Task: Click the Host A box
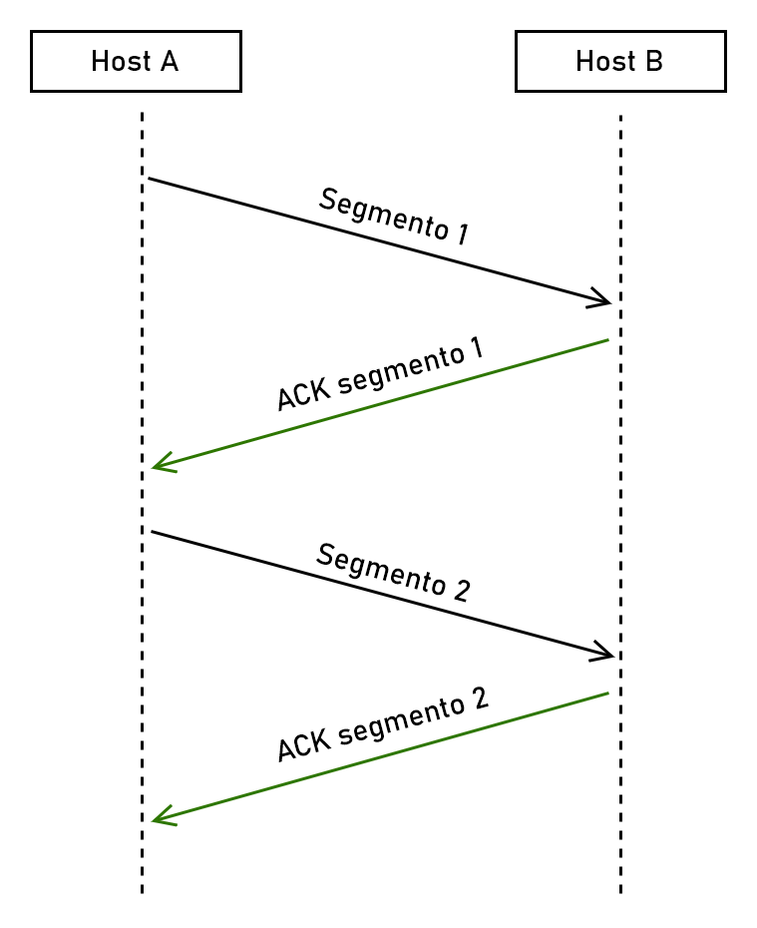pos(136,62)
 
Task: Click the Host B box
pos(619,62)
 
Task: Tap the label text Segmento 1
pos(393,216)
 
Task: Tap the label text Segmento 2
pos(393,572)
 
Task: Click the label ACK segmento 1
pos(379,374)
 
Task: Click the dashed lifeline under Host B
pos(620,499)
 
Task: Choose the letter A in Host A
pos(168,62)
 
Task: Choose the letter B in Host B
pos(652,62)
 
